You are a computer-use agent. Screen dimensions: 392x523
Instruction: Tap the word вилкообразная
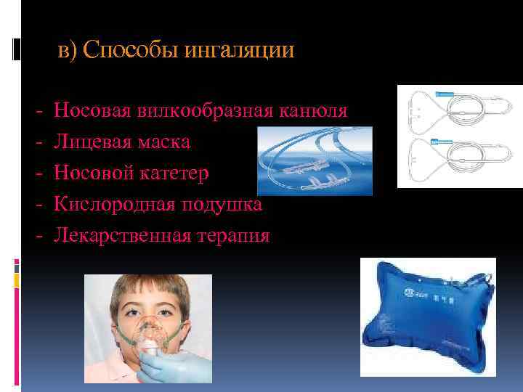[x=203, y=111]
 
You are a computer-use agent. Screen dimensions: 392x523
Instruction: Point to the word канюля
[x=314, y=111]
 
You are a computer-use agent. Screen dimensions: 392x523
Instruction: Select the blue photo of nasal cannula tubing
[x=315, y=160]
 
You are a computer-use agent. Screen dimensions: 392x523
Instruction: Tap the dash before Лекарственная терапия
[x=37, y=236]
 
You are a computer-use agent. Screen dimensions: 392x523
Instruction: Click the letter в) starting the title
[x=67, y=52]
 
